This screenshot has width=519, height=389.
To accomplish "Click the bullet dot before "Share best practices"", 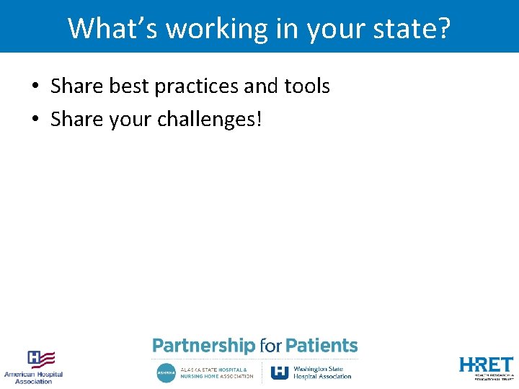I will click(35, 87).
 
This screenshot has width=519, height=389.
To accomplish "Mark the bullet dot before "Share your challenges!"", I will click(35, 120).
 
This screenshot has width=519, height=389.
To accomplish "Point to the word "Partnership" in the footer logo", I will click(203, 346).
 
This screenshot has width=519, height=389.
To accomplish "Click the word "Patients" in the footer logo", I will click(321, 346).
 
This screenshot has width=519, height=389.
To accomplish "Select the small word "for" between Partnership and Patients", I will click(270, 346).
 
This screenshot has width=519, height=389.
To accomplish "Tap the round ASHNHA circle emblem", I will click(166, 372).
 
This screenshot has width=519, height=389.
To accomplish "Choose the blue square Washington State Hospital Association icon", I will click(280, 372).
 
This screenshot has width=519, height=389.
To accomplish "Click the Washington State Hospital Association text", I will click(322, 372).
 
